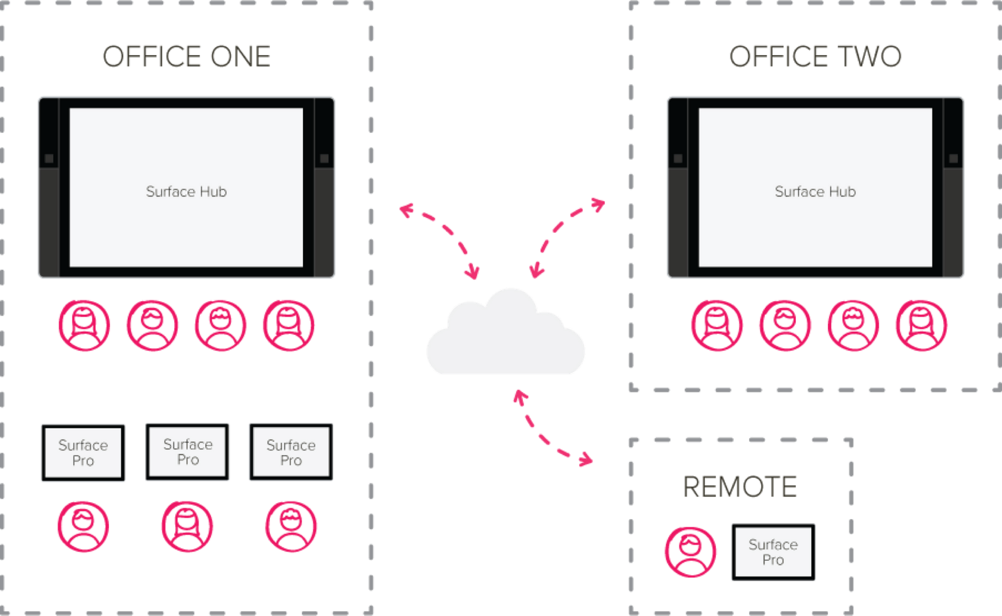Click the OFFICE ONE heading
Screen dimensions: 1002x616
187,56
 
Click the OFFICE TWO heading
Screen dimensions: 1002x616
815,56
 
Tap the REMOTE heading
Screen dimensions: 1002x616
740,486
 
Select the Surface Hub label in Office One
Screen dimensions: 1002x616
186,192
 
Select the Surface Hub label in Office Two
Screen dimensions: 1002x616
815,192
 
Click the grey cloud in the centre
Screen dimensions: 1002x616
505,331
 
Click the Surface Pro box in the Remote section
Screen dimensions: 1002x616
773,552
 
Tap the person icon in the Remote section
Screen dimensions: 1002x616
690,552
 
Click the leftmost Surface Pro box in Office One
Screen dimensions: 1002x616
83,453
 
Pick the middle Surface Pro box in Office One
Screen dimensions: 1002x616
187,452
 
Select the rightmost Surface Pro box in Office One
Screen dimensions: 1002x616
291,452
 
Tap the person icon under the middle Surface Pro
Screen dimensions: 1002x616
187,526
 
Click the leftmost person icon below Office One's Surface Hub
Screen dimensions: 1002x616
84,326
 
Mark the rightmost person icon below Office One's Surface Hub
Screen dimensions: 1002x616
289,326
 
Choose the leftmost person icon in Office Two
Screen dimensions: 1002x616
717,326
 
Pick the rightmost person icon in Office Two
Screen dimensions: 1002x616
921,326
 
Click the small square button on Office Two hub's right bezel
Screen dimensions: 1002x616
953,158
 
